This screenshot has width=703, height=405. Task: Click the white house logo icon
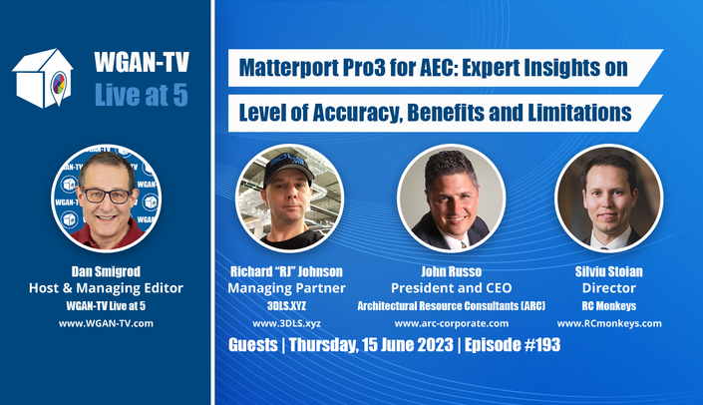[43, 79]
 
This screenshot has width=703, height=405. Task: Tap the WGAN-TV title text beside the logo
[142, 62]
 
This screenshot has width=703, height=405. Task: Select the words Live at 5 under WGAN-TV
[142, 95]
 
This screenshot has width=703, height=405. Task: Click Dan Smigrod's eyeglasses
[107, 196]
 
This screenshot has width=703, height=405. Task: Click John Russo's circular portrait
[451, 198]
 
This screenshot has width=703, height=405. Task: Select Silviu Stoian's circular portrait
[609, 198]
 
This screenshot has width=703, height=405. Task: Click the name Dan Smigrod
[106, 271]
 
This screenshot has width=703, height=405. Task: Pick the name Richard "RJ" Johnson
[286, 271]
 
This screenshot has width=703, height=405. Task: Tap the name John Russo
[451, 271]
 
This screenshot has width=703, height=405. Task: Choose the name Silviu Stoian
[609, 271]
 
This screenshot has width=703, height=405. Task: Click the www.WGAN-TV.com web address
[106, 323]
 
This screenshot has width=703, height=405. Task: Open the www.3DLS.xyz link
[286, 323]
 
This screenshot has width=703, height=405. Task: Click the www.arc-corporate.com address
[452, 323]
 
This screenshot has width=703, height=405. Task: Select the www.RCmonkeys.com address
[609, 323]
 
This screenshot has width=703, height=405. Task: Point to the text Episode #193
[513, 345]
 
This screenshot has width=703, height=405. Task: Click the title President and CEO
[451, 288]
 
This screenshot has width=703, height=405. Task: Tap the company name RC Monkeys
[609, 306]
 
